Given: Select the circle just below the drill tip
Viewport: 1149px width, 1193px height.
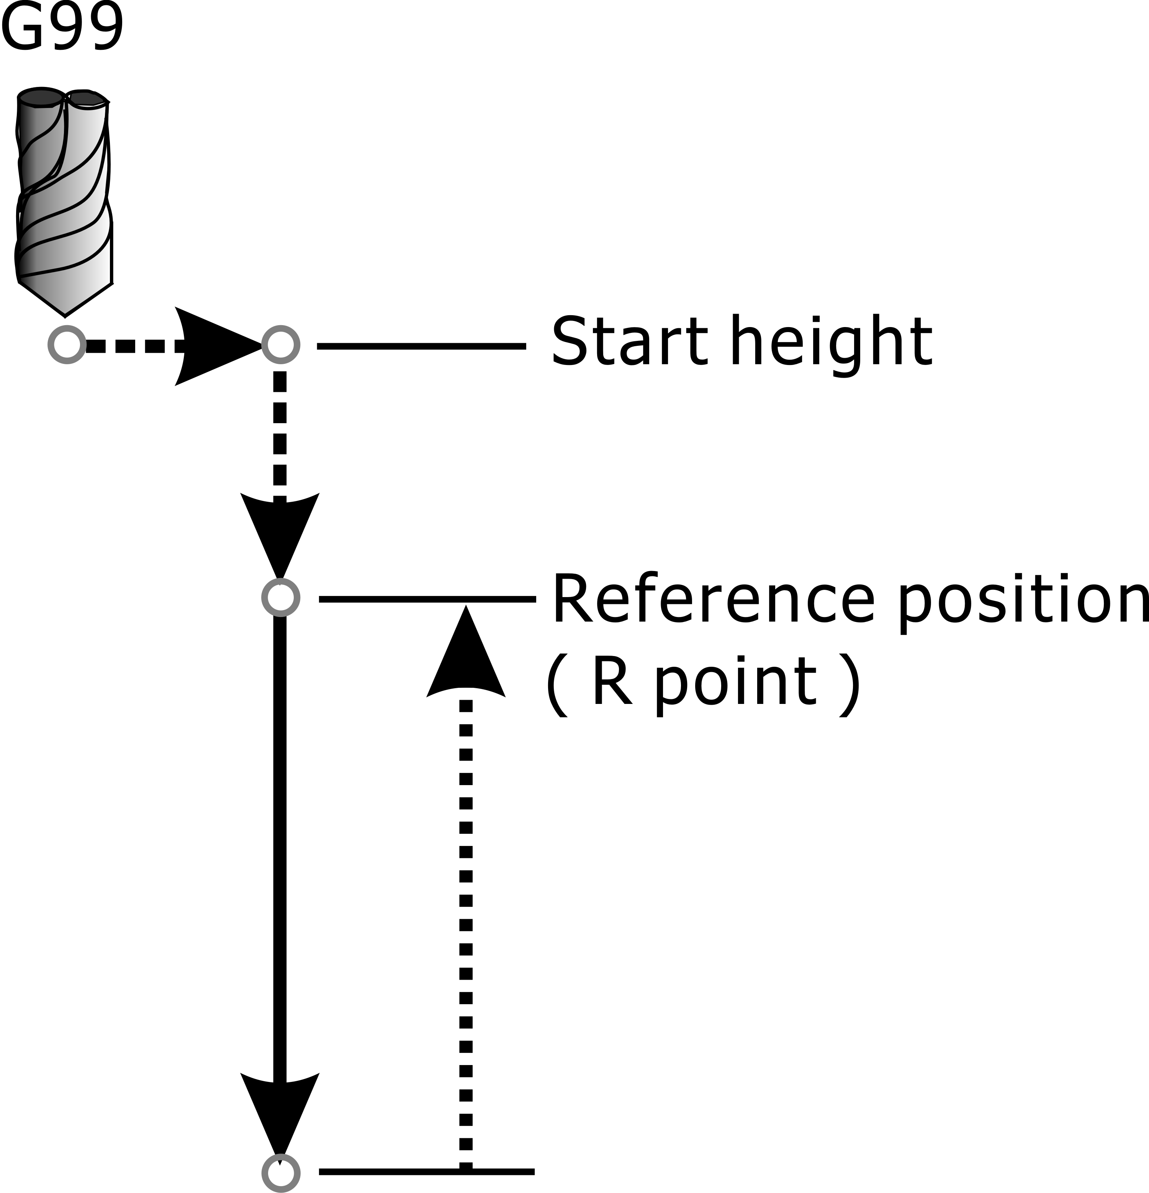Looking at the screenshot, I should tap(67, 345).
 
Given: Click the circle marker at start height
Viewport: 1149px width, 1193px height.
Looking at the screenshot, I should tap(281, 345).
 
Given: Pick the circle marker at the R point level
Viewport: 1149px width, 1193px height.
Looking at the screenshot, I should tap(281, 598).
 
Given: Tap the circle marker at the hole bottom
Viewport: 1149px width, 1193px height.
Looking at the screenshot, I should tap(281, 1173).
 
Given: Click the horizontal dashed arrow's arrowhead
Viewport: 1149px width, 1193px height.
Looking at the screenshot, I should tap(219, 346).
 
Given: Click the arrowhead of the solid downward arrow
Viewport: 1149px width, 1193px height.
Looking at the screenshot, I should tap(280, 1114).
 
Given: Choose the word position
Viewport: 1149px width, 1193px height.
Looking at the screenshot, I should tap(1022, 602).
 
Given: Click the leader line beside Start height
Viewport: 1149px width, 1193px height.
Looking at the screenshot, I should tap(421, 346).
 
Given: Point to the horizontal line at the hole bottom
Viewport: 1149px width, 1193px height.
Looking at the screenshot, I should tap(426, 1172).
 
